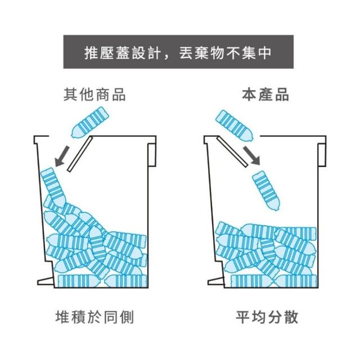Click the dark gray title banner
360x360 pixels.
[178, 52]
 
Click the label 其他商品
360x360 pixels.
[94, 94]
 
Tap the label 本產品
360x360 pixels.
[265, 94]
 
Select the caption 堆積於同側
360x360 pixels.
[94, 317]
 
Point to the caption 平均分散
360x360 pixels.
[267, 317]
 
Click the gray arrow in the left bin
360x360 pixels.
[62, 156]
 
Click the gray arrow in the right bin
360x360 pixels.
[251, 155]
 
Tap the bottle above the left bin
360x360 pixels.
[90, 122]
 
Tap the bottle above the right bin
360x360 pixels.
[235, 125]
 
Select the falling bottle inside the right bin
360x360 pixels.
[266, 190]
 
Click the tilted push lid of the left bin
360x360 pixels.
[80, 154]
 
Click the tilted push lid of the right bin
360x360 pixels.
[232, 151]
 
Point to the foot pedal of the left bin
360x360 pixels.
[46, 281]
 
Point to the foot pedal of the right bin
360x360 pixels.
[216, 281]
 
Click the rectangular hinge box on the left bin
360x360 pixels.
[152, 155]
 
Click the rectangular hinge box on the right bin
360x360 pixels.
[322, 155]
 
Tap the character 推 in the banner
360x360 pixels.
[91, 52]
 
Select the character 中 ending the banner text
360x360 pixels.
[265, 52]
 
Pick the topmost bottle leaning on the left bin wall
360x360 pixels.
[53, 187]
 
